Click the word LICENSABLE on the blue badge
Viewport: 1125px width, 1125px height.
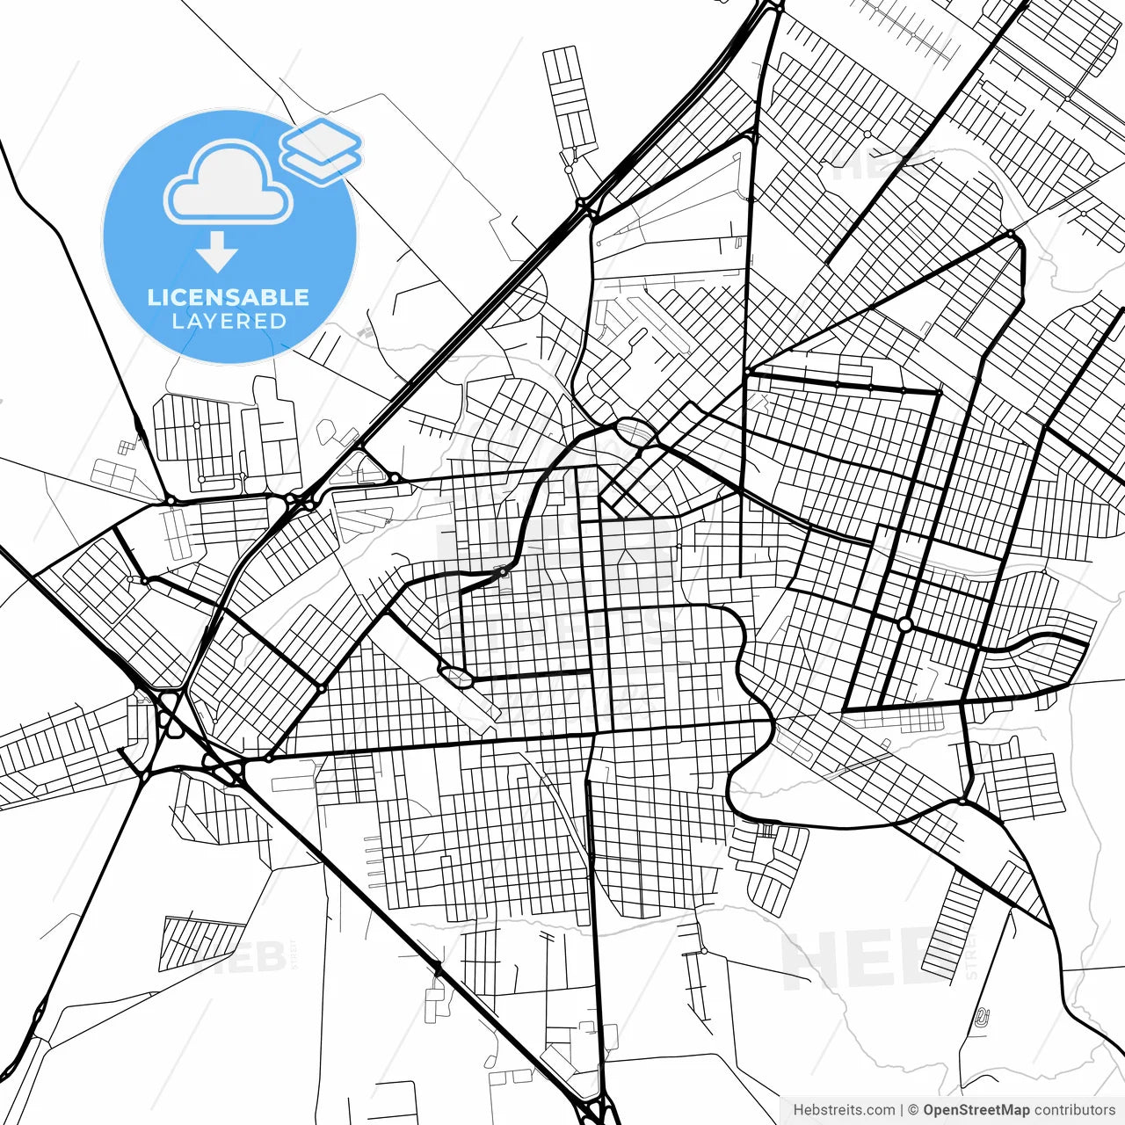(x=229, y=297)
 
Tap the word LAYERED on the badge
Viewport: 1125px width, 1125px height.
(x=229, y=321)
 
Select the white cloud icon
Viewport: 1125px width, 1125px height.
(x=229, y=183)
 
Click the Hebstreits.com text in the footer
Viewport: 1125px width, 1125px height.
(x=844, y=1110)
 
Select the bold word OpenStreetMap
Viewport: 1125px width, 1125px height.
(x=976, y=1110)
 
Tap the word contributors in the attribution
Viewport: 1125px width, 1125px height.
(x=1074, y=1110)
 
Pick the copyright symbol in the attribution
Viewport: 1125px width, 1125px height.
(x=913, y=1110)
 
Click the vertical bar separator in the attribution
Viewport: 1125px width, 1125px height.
(x=902, y=1110)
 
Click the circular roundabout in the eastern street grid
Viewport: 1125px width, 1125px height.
(x=904, y=624)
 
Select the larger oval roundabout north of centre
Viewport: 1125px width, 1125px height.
(x=635, y=431)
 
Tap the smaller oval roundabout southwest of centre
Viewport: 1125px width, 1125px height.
(x=456, y=676)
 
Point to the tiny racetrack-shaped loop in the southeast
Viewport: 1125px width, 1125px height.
(x=981, y=1019)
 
